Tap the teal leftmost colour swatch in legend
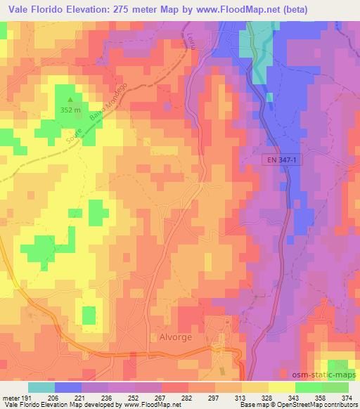point(41,387)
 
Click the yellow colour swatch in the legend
point(281,387)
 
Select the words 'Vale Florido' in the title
point(34,8)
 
